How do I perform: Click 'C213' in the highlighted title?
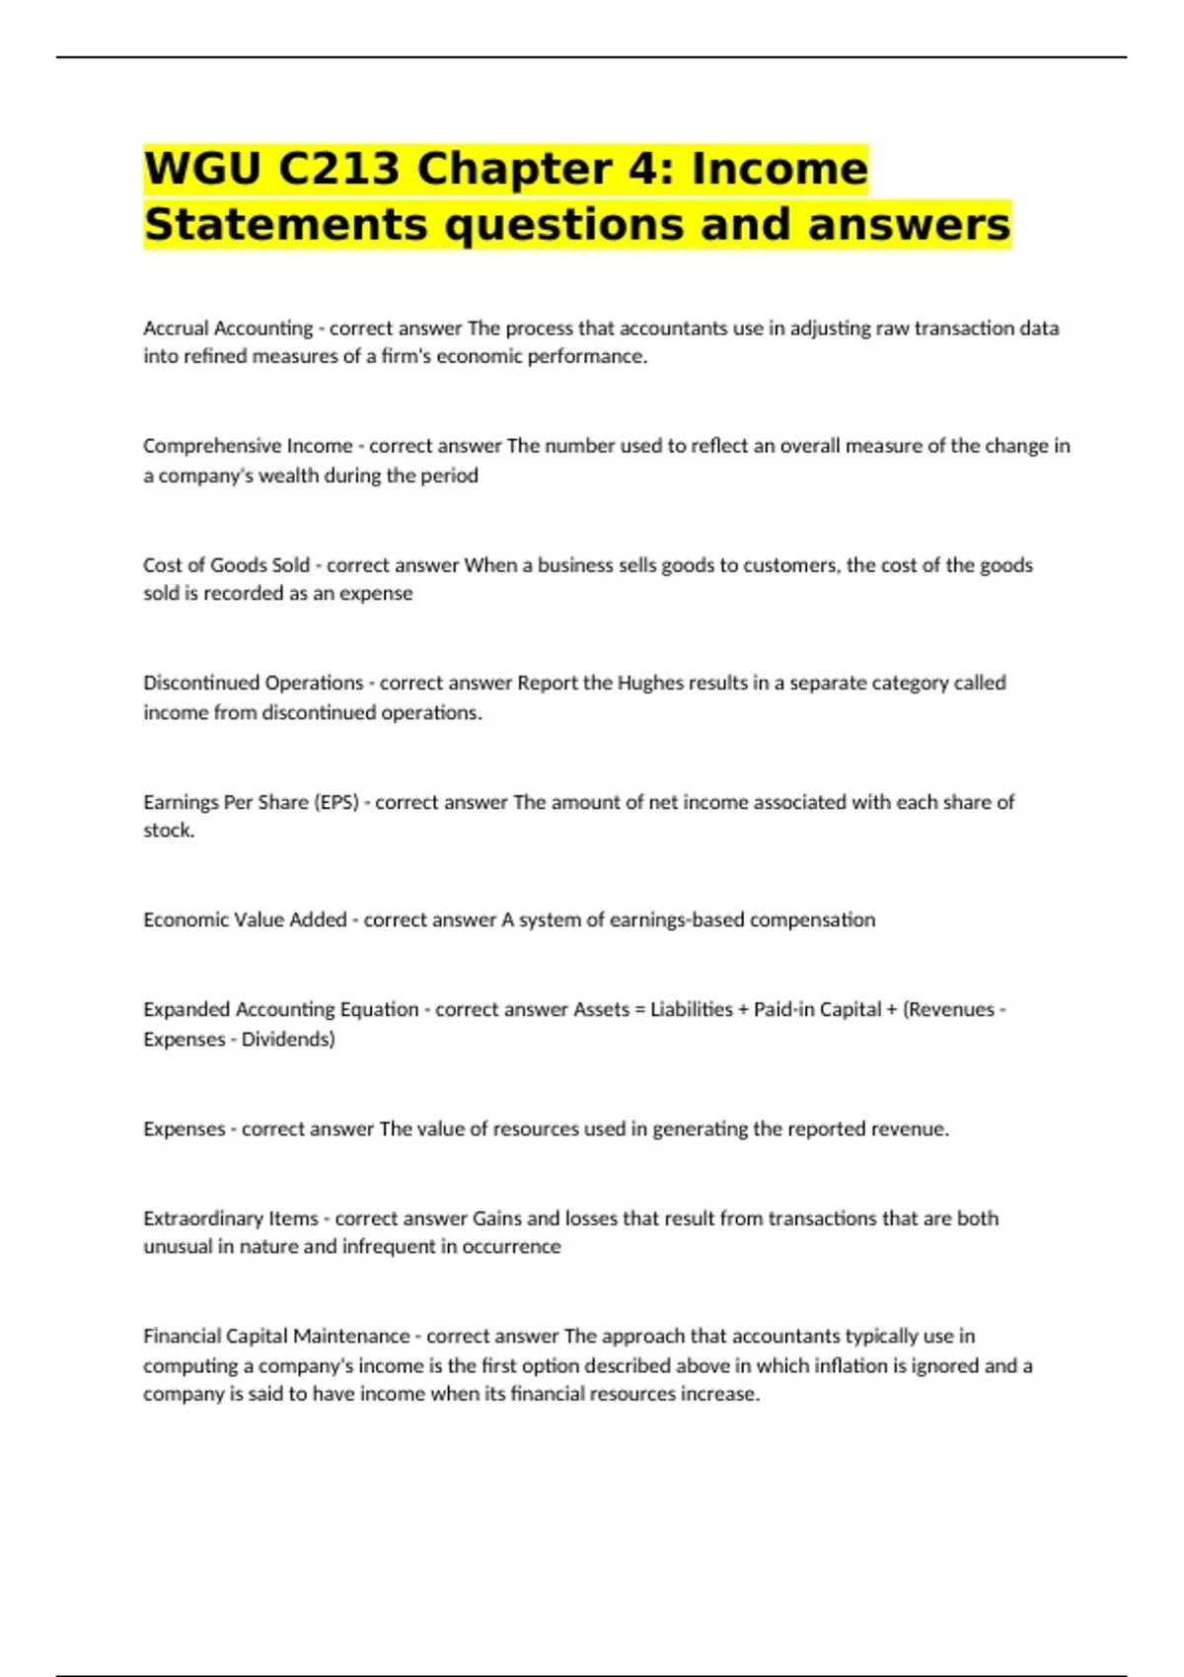pyautogui.click(x=338, y=168)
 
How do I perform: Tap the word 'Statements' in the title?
pyautogui.click(x=285, y=224)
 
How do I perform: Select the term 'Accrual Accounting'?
pyautogui.click(x=228, y=328)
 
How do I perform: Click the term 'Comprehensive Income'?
pyautogui.click(x=248, y=446)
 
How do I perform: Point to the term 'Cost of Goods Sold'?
pyautogui.click(x=226, y=565)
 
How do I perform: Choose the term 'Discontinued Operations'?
pyautogui.click(x=254, y=683)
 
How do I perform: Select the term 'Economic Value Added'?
pyautogui.click(x=245, y=919)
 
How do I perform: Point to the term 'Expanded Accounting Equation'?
pyautogui.click(x=281, y=1009)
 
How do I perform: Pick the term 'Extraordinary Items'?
pyautogui.click(x=231, y=1218)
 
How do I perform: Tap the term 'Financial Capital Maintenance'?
pyautogui.click(x=276, y=1336)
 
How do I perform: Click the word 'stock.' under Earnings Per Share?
pyautogui.click(x=169, y=831)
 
